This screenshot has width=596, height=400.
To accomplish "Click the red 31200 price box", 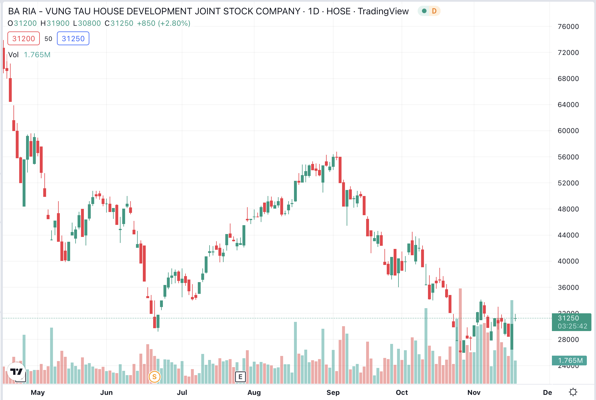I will pyautogui.click(x=23, y=39).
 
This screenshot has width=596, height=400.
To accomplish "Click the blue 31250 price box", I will pyautogui.click(x=73, y=39).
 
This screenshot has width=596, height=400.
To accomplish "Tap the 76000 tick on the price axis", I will pyautogui.click(x=568, y=27).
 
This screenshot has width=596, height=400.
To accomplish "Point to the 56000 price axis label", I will pyautogui.click(x=568, y=157).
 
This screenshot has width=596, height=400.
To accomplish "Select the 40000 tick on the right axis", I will pyautogui.click(x=568, y=261).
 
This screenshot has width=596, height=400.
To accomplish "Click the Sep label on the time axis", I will pyautogui.click(x=333, y=392).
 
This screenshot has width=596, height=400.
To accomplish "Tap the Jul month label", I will pyautogui.click(x=182, y=392).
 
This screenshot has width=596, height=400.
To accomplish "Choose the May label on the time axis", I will pyautogui.click(x=38, y=392).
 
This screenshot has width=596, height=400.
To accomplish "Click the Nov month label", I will pyautogui.click(x=474, y=392).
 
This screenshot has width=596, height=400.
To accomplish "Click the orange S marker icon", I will pyautogui.click(x=154, y=377).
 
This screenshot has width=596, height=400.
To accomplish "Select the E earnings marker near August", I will pyautogui.click(x=240, y=377).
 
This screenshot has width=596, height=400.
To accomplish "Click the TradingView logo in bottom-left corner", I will pyautogui.click(x=16, y=372).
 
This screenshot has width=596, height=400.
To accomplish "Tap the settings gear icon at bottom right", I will pyautogui.click(x=573, y=392).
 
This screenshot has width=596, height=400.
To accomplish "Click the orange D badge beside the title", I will pyautogui.click(x=434, y=11).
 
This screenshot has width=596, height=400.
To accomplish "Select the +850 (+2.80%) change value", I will pyautogui.click(x=163, y=23).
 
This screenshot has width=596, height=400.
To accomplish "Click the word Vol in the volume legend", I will pyautogui.click(x=13, y=55).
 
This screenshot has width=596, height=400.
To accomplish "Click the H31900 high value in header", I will pyautogui.click(x=55, y=23).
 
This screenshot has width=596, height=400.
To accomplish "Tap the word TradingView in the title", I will pyautogui.click(x=383, y=11).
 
